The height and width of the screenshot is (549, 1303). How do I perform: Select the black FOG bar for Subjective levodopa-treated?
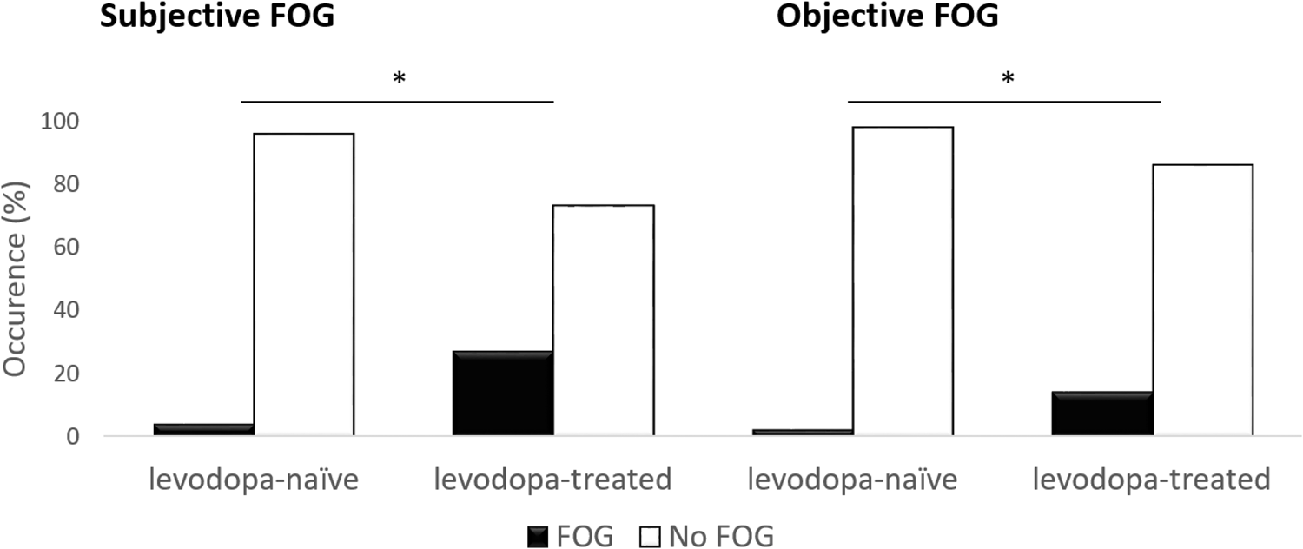pyautogui.click(x=503, y=393)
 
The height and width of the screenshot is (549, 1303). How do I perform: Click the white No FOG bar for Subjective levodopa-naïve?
pyautogui.click(x=303, y=284)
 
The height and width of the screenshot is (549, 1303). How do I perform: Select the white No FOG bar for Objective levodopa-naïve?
pyautogui.click(x=903, y=281)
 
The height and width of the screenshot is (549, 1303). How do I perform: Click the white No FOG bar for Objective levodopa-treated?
pyautogui.click(x=1202, y=300)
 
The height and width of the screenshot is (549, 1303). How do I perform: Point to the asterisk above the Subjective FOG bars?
pyautogui.click(x=399, y=79)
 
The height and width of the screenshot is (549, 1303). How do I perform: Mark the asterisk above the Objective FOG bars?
pyautogui.click(x=1008, y=79)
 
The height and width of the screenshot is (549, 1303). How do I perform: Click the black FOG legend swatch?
pyautogui.click(x=537, y=537)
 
